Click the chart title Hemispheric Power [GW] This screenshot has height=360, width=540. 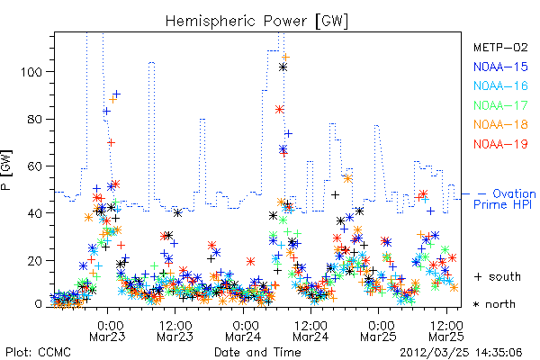(x=256, y=22)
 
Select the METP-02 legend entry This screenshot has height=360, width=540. (x=500, y=47)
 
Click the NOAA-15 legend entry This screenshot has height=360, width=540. (x=500, y=67)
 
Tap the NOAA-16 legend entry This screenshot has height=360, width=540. (x=500, y=85)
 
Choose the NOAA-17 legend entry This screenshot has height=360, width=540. (x=500, y=105)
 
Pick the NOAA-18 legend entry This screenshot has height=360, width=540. (x=500, y=124)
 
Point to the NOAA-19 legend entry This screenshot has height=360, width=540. (x=500, y=144)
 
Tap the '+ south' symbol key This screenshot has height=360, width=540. (x=498, y=276)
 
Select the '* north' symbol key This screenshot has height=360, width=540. (x=494, y=304)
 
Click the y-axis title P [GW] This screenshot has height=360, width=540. (x=6, y=170)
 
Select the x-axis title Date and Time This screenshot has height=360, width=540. (x=257, y=353)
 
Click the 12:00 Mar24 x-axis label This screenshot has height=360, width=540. (x=310, y=330)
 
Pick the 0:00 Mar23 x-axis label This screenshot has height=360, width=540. (x=107, y=330)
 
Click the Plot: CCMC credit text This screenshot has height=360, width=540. (x=38, y=353)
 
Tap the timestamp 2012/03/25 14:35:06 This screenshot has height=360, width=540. (x=461, y=353)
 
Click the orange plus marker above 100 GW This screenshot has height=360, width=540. (x=285, y=58)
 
